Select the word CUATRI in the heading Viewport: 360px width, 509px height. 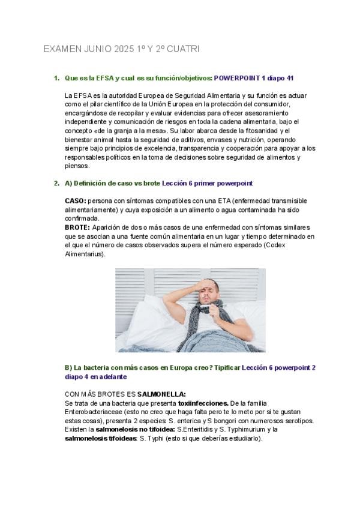(x=183, y=49)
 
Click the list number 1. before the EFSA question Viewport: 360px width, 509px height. (x=56, y=79)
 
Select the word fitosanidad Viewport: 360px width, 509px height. (x=263, y=130)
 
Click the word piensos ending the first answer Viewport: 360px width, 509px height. (x=76, y=166)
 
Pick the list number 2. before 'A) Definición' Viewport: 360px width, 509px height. (x=56, y=183)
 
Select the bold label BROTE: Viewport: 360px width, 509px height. (x=77, y=227)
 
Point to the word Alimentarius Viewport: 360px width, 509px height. (x=84, y=254)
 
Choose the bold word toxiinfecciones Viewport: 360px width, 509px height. (x=203, y=403)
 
